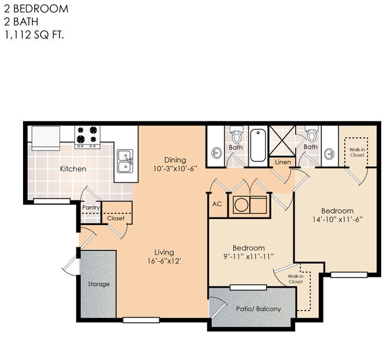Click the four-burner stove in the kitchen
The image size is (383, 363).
tap(87, 137)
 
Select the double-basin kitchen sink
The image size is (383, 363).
tap(125, 160)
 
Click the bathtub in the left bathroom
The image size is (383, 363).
tap(258, 145)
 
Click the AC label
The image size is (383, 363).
tap(216, 204)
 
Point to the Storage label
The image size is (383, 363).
tap(98, 284)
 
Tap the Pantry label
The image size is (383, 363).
tap(91, 207)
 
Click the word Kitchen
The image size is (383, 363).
tap(73, 169)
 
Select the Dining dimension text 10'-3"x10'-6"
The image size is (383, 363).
tap(175, 169)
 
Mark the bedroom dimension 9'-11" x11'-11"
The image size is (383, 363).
tap(248, 256)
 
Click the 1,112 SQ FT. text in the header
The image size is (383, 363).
tap(33, 35)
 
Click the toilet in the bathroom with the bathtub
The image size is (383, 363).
tap(236, 135)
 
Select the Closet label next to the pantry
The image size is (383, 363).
tap(115, 218)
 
